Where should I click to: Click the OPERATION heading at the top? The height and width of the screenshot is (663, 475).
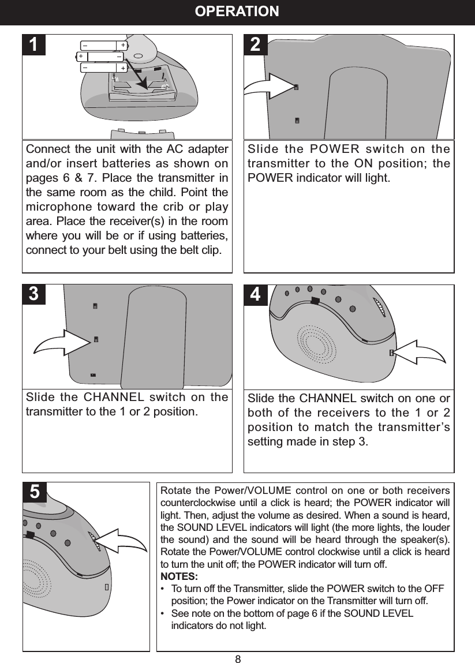click(x=237, y=12)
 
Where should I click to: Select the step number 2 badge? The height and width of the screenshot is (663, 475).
click(x=256, y=45)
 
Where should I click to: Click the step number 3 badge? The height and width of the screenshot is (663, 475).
click(x=35, y=295)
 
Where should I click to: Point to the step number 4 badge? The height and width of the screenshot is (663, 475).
click(x=256, y=295)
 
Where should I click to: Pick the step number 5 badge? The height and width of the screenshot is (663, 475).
click(x=35, y=492)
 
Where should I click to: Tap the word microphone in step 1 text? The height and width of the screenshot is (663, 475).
click(x=57, y=207)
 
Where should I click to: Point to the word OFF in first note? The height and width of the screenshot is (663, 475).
click(x=434, y=589)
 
